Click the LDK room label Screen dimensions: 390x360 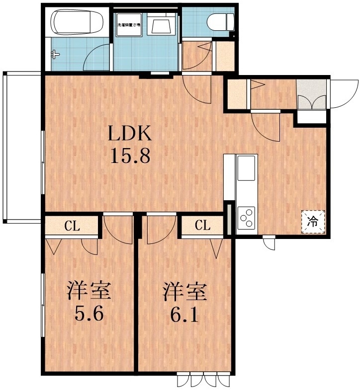pos(129,134)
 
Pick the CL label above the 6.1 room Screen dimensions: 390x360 pos(202,226)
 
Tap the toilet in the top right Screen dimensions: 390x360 pos(219,22)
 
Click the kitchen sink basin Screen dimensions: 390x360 pos(247,168)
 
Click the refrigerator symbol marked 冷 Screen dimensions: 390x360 pos(313,221)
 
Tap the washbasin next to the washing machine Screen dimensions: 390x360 pos(162,25)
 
